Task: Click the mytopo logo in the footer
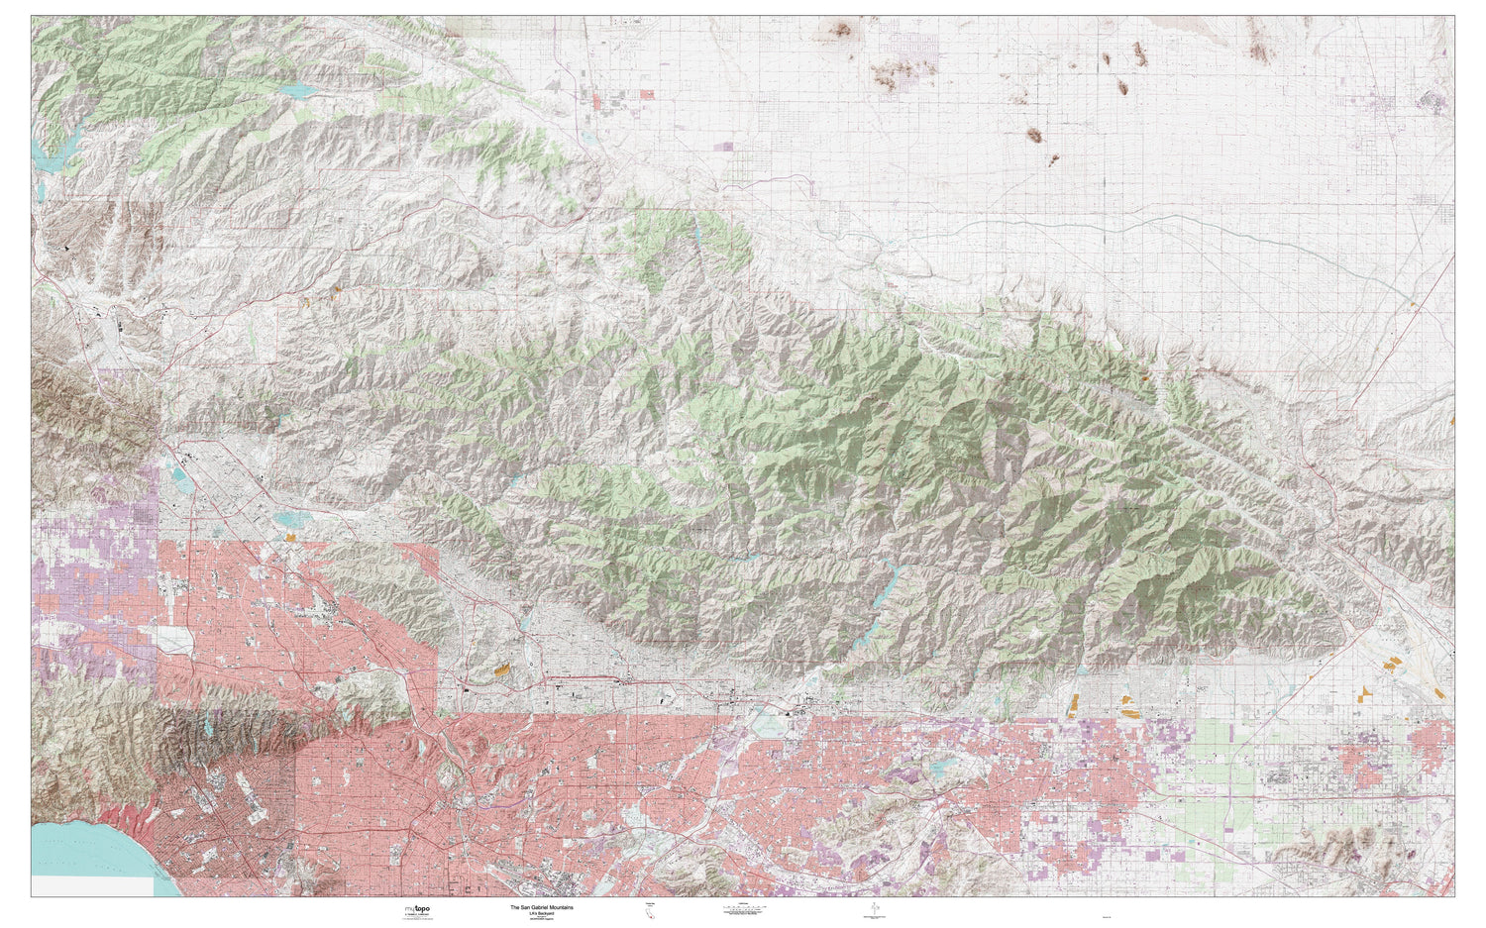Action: coord(417,908)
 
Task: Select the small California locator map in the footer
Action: coord(651,912)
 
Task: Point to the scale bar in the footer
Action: coord(740,910)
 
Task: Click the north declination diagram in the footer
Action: coord(873,910)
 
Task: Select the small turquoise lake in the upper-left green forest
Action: coord(296,91)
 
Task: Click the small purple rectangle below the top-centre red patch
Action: coord(723,147)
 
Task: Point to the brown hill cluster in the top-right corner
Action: coord(1258,45)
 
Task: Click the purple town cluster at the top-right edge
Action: coord(1432,100)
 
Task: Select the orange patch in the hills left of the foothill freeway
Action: coord(506,670)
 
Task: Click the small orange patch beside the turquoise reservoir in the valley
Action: coord(291,537)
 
